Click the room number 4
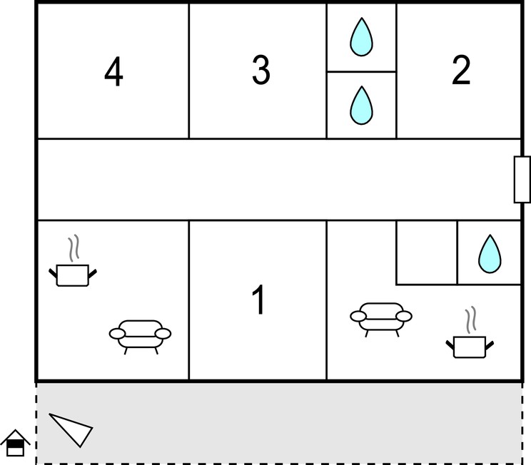pos(113,71)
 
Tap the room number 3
pos(261,70)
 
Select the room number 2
pos(461,70)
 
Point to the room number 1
pos(259,300)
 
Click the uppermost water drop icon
pos(361,36)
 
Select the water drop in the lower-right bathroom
pos(490,253)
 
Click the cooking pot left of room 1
pos(73,275)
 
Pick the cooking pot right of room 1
pos(470,347)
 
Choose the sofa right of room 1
pos(381,320)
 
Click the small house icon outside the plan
pos(15,444)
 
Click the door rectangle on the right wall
pos(522,179)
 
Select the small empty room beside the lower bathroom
pos(427,252)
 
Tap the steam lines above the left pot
pos(74,248)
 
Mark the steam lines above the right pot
pos(471,320)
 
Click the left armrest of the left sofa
pos(117,334)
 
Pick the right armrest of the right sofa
pos(404,317)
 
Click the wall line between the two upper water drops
pos(361,72)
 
